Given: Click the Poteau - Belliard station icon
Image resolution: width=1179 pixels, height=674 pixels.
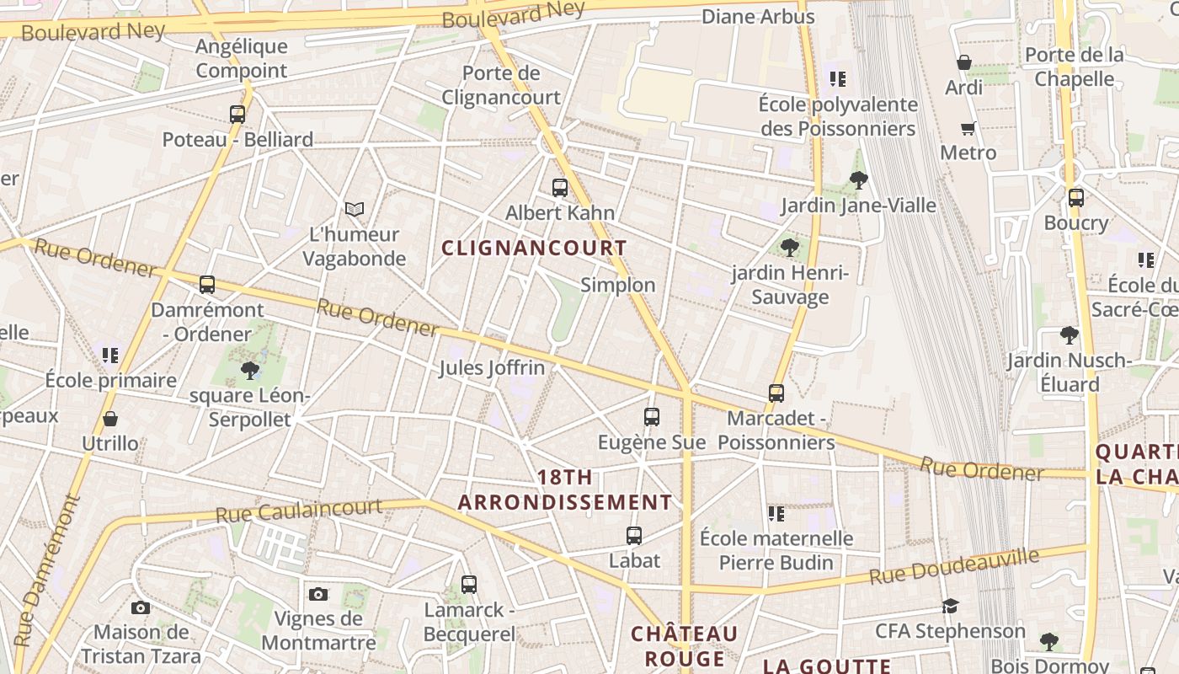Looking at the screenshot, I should click(x=237, y=114).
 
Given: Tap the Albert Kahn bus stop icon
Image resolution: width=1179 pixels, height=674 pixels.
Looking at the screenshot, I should click(x=560, y=187).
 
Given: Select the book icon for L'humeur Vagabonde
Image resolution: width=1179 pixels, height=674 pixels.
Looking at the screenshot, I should click(x=355, y=209).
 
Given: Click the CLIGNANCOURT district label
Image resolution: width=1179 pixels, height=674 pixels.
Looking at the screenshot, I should click(x=535, y=248).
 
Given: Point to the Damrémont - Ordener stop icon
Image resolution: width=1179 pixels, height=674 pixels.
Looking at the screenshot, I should click(x=207, y=285).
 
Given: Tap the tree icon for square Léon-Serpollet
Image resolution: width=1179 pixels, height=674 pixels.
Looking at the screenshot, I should click(x=249, y=370).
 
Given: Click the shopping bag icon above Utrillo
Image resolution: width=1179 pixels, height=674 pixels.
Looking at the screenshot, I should click(x=110, y=419).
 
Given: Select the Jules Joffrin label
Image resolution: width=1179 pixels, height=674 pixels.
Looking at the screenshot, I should click(x=492, y=368).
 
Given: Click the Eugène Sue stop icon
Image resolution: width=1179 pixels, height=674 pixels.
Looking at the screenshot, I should click(x=651, y=416).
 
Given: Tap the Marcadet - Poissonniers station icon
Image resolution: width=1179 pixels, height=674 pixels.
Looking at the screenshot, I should click(x=776, y=393).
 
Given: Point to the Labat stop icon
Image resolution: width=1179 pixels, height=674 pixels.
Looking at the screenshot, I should click(x=634, y=535).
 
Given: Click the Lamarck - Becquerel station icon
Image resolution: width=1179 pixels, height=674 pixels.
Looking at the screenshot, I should click(x=469, y=584).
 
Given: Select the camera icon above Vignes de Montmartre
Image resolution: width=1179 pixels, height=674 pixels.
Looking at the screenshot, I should click(x=318, y=594).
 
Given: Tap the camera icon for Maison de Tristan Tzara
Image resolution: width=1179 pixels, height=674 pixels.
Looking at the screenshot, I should click(x=141, y=607).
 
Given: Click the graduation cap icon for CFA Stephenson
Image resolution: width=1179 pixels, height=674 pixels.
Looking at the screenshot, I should click(x=950, y=606).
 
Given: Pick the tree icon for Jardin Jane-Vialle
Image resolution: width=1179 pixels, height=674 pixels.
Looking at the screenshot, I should click(x=859, y=179).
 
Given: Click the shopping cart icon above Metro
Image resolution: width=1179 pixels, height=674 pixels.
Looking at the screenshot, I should click(x=968, y=128).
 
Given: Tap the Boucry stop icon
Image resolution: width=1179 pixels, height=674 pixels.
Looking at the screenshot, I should click(x=1075, y=198).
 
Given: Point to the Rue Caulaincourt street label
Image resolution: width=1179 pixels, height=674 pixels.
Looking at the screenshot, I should click(x=299, y=511).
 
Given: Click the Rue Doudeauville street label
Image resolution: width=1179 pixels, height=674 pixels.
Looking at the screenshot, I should click(x=954, y=566).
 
